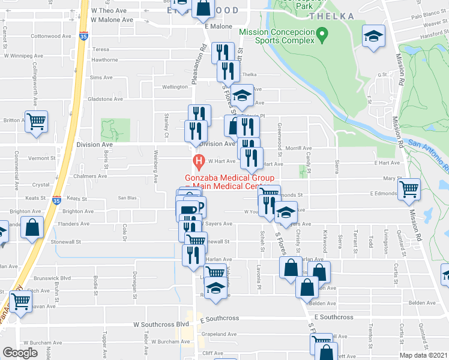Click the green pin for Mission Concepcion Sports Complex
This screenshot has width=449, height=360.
tap(322, 36)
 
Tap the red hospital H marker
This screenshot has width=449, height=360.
tap(197, 161)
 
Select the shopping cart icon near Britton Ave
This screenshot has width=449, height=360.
tap(36, 121)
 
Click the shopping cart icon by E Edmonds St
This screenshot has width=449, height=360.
tap(409, 188)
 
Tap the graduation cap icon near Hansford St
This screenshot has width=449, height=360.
tap(373, 37)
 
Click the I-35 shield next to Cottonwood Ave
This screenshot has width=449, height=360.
tap(84, 37)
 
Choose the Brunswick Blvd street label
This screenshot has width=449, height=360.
tap(55, 278)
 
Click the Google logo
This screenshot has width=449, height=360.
tap(20, 353)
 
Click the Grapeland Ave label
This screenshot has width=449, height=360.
tap(219, 334)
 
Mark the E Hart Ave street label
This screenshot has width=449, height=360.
tap(386, 163)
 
